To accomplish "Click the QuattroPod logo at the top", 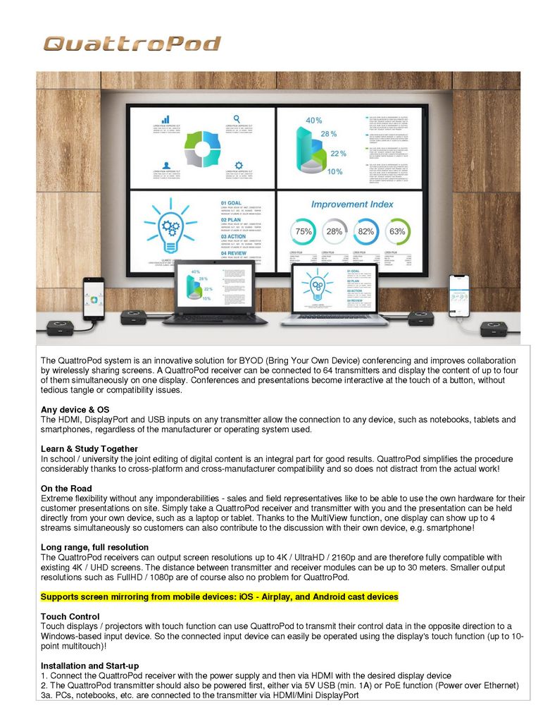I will click(x=132, y=44).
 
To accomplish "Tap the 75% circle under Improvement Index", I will click(x=304, y=231).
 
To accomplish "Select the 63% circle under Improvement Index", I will click(x=398, y=231).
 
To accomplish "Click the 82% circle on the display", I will click(x=366, y=231).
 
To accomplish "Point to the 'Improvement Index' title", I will click(x=351, y=204).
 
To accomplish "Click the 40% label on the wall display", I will click(x=313, y=121).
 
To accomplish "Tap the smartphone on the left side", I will click(x=93, y=298).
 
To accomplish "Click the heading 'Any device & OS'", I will click(x=75, y=410).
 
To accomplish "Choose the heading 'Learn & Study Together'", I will click(x=89, y=449).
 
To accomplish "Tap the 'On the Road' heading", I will click(x=66, y=489).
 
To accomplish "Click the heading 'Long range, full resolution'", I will click(x=94, y=547).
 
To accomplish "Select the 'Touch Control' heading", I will click(x=70, y=617).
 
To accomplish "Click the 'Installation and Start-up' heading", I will click(x=89, y=666).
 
